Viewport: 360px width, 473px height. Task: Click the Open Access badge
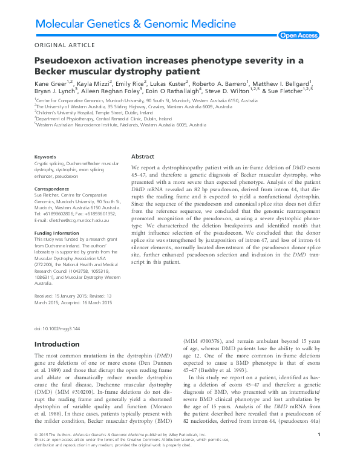(x=298, y=36)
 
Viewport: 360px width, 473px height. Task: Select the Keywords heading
(x=46, y=157)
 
